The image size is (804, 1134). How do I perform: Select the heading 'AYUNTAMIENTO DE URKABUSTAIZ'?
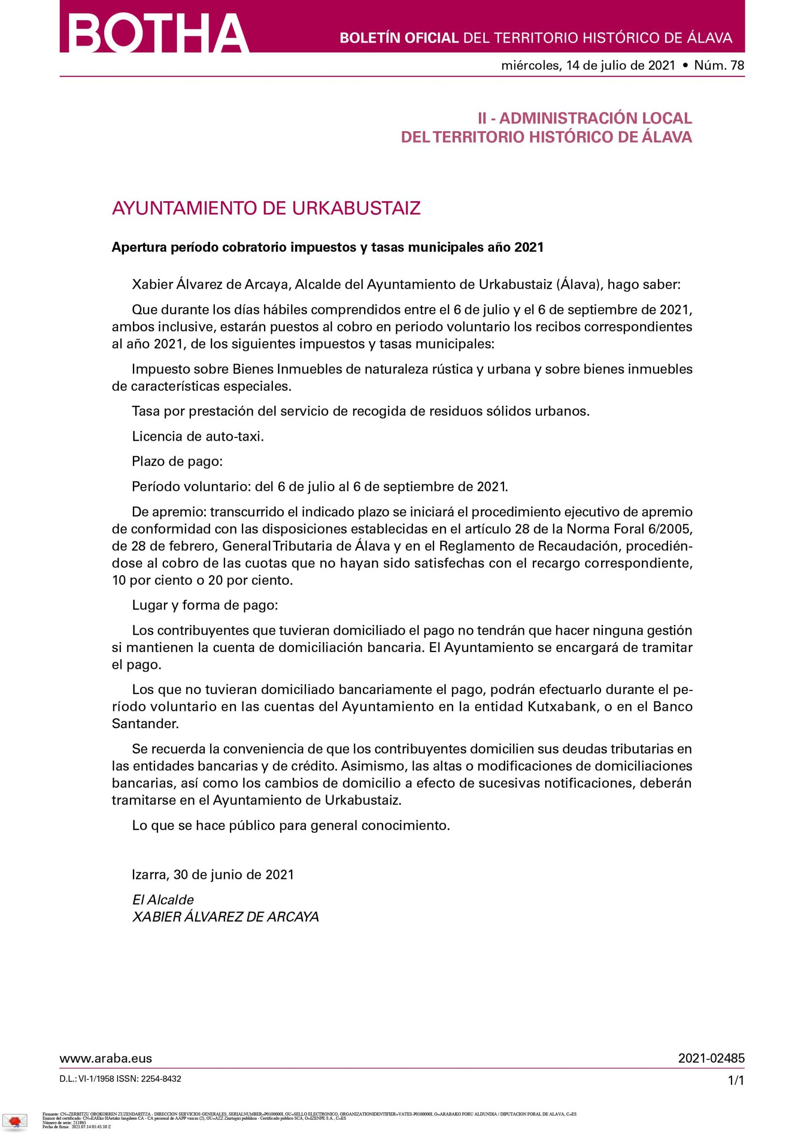click(x=266, y=208)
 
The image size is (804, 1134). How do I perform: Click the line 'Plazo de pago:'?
click(x=177, y=461)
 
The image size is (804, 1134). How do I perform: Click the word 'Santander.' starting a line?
click(x=145, y=724)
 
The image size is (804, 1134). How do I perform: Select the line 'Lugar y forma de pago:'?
click(x=205, y=605)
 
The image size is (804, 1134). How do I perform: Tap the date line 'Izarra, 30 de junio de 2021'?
click(x=213, y=874)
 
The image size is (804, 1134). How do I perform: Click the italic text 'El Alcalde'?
click(x=163, y=899)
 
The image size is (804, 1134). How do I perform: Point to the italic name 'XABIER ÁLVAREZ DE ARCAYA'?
click(x=225, y=917)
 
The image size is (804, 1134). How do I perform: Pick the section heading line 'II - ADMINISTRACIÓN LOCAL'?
click(x=585, y=118)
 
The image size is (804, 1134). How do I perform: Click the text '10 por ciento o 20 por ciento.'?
click(x=203, y=580)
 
